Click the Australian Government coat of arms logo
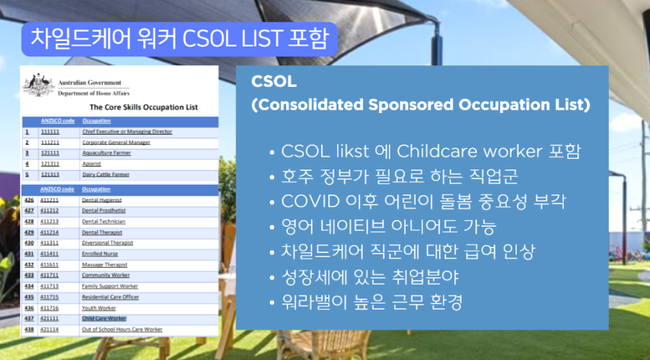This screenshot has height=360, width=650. (38, 85)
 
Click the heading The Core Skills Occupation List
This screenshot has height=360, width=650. (143, 107)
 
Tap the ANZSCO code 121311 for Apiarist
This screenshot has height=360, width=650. (50, 164)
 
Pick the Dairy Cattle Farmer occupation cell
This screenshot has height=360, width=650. (106, 174)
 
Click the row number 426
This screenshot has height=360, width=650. (29, 200)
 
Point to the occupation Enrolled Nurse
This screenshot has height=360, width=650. (100, 254)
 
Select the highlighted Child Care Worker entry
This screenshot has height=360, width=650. (104, 318)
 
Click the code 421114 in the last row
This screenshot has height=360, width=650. (50, 329)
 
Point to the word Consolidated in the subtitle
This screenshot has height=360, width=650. (310, 105)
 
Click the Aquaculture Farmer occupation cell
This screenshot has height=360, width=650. (106, 153)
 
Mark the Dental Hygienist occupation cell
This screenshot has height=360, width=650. (102, 200)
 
